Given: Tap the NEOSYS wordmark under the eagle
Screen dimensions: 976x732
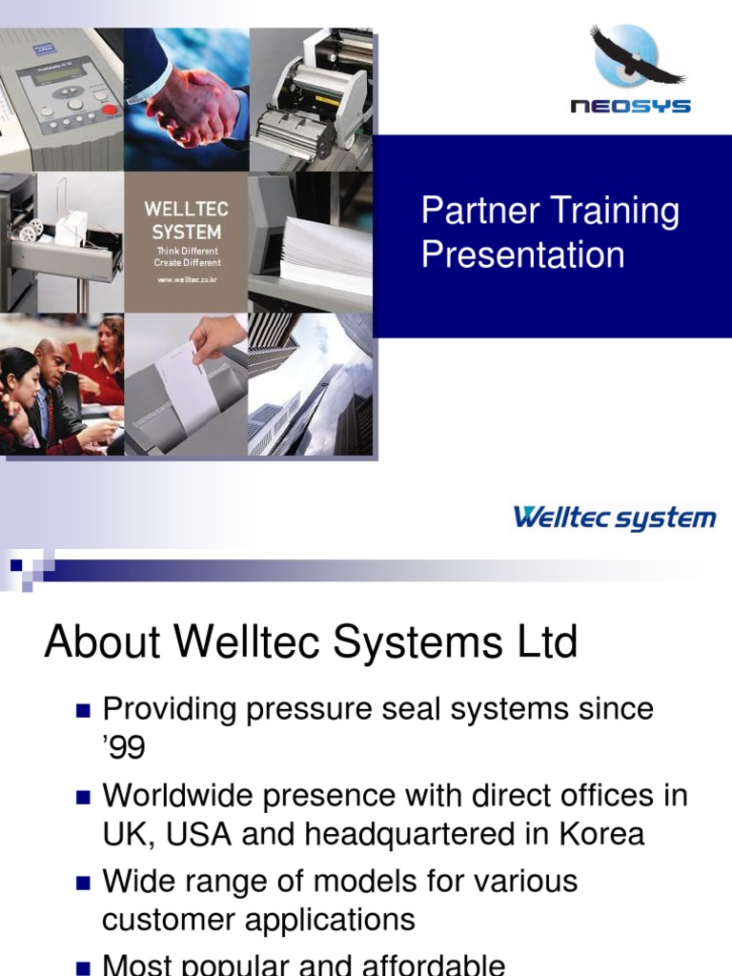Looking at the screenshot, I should tap(630, 107).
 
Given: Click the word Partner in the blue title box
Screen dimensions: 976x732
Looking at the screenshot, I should tap(480, 212).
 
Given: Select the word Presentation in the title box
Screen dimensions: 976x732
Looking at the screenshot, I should tap(522, 254).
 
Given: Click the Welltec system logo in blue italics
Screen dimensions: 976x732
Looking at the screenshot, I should tap(615, 518).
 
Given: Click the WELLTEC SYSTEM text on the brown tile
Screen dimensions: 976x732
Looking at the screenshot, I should tap(187, 219).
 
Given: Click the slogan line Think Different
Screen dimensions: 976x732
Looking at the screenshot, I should tap(187, 251).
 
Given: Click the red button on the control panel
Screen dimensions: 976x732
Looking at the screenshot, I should tap(110, 110).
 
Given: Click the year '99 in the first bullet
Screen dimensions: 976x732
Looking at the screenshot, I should tap(123, 748).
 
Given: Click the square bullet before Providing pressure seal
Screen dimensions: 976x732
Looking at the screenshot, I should tap(82, 710).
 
